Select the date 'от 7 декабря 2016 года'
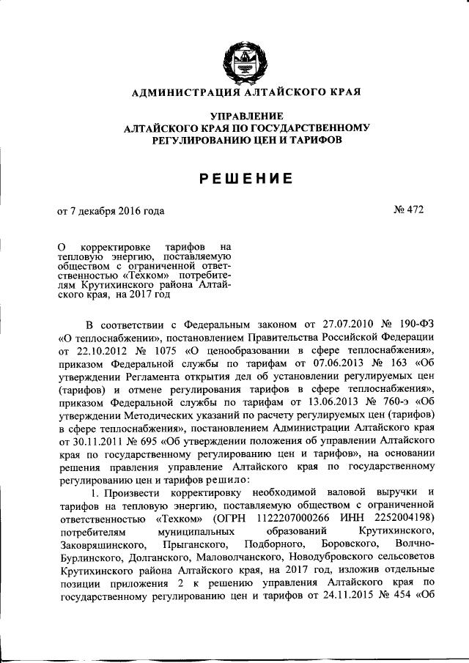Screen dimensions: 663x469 [111, 212]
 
